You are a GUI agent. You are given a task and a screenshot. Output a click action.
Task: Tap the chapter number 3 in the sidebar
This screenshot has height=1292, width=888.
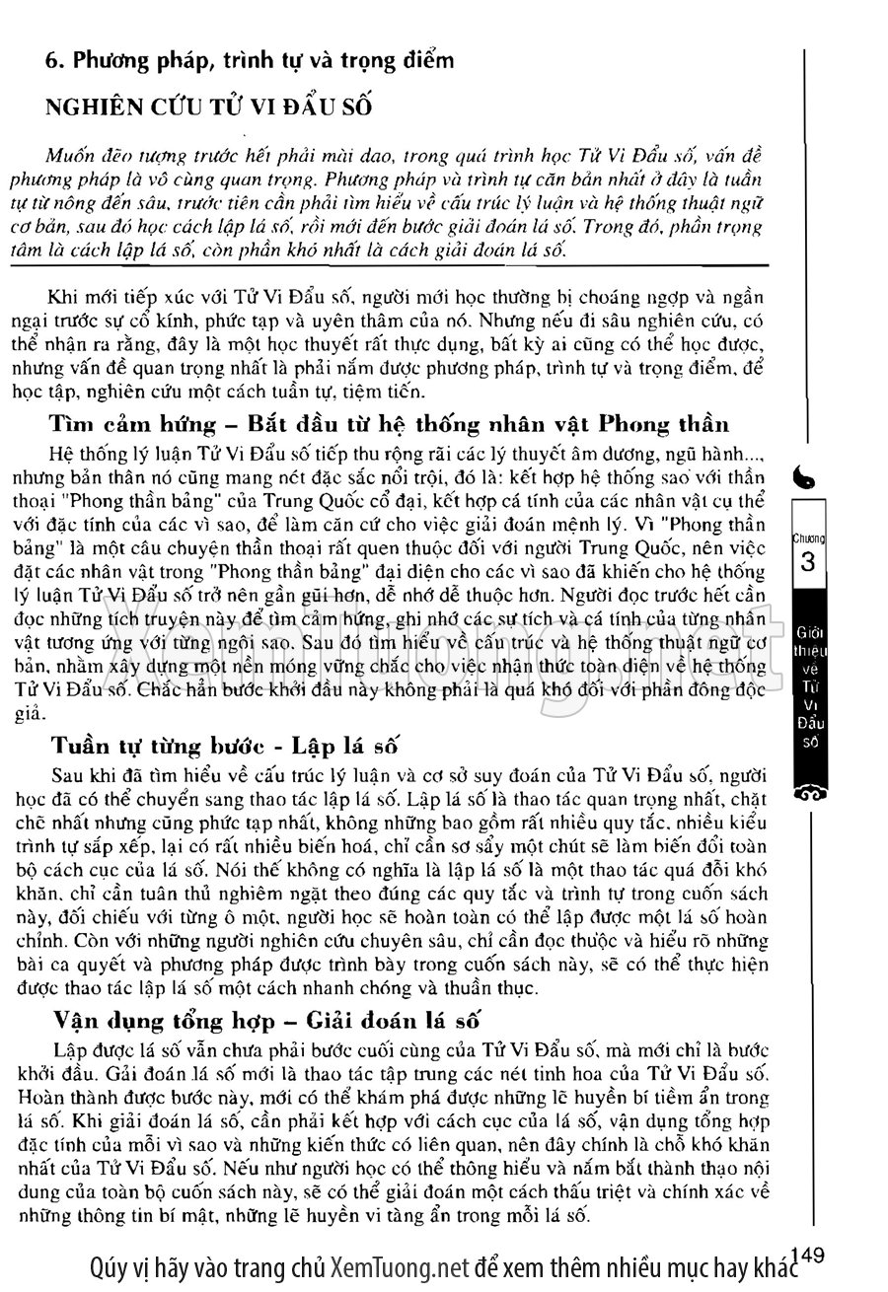pyautogui.click(x=808, y=563)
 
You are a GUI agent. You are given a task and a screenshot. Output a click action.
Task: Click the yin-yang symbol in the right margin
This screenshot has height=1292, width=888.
pyautogui.click(x=807, y=479)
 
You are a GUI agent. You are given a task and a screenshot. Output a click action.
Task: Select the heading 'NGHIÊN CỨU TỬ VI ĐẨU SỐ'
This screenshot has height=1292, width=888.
pyautogui.click(x=207, y=108)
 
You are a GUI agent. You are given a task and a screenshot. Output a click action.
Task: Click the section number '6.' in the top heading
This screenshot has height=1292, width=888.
pyautogui.click(x=55, y=60)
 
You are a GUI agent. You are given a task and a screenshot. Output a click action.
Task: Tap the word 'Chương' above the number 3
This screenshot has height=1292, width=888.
pyautogui.click(x=808, y=538)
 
